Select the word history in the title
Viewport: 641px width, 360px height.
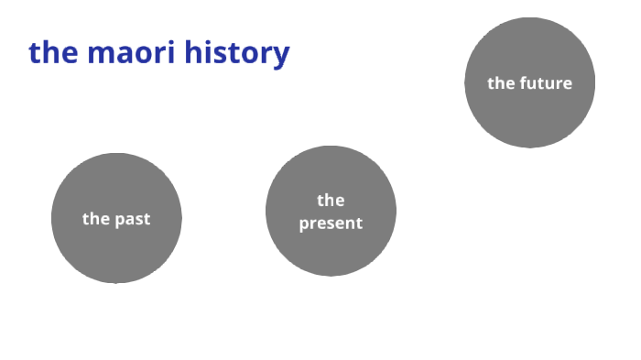236,53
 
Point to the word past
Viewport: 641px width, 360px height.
132,220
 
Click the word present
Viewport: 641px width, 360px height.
331,223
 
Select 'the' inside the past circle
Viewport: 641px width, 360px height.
95,219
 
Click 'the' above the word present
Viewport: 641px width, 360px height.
331,200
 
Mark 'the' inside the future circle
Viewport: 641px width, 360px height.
500,83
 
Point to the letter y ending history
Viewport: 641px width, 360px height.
281,56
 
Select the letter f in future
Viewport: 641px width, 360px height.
523,83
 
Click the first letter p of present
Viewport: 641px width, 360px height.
304,224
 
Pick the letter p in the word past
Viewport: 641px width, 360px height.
119,221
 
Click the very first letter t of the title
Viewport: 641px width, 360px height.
34,52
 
